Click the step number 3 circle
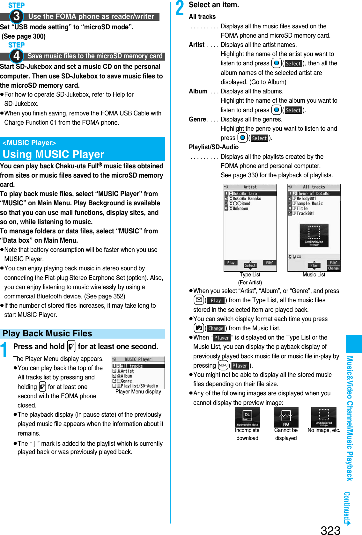[x=16, y=16]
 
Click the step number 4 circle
[x=16, y=56]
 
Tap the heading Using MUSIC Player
[x=53, y=154]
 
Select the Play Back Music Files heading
[x=47, y=333]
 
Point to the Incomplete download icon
[x=247, y=417]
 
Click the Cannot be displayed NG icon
[x=286, y=417]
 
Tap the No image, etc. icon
[x=324, y=417]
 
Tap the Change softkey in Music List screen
[x=333, y=268]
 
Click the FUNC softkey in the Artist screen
[x=270, y=263]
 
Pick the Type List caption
[x=250, y=275]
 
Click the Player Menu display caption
[x=138, y=392]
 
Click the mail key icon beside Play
[x=199, y=300]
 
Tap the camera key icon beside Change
[x=199, y=328]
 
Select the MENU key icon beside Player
[x=223, y=365]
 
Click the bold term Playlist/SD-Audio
[x=214, y=147]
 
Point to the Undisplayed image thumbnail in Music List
[x=314, y=236]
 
